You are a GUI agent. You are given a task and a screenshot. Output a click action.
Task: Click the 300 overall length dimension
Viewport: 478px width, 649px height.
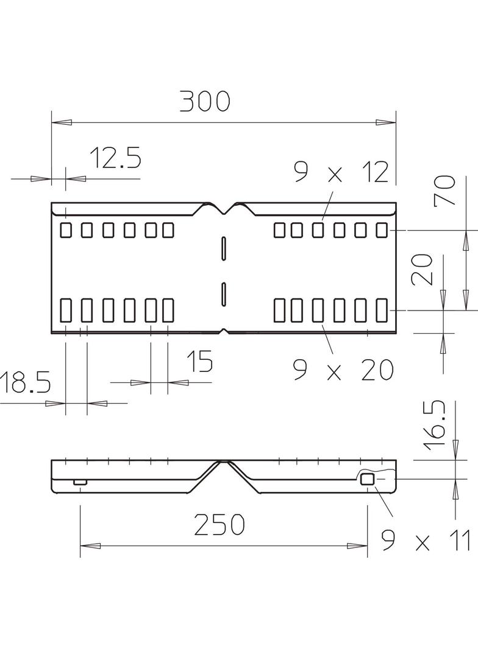[x=204, y=102]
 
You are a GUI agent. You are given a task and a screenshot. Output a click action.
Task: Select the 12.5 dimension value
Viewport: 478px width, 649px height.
[x=115, y=158]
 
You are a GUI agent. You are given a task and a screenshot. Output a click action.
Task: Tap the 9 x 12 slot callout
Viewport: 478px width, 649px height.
[x=341, y=173]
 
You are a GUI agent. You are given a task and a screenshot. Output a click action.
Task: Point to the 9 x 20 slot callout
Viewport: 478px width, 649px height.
[x=343, y=370]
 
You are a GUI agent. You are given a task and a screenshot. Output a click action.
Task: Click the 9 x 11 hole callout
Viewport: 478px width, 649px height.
[x=425, y=540]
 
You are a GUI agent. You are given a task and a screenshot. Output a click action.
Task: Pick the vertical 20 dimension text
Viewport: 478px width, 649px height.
[x=422, y=270]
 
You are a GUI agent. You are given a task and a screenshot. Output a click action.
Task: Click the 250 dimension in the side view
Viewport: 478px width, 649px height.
[x=219, y=524]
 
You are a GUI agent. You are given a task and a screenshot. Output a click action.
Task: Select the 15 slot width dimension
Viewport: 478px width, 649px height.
[x=199, y=362]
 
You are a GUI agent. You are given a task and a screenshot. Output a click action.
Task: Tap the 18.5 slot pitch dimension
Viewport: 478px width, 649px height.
[x=24, y=384]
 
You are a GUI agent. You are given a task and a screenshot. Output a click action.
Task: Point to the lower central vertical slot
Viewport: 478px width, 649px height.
[x=224, y=293]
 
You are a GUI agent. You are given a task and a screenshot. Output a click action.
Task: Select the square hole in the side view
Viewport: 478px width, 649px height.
[x=367, y=479]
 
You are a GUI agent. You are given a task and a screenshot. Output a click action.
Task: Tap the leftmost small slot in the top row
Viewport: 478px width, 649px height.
[x=65, y=230]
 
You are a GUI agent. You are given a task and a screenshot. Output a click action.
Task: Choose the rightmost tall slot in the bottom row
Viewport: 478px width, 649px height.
[x=382, y=310]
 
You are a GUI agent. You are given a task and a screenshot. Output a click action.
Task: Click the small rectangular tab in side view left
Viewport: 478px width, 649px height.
[x=80, y=482]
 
